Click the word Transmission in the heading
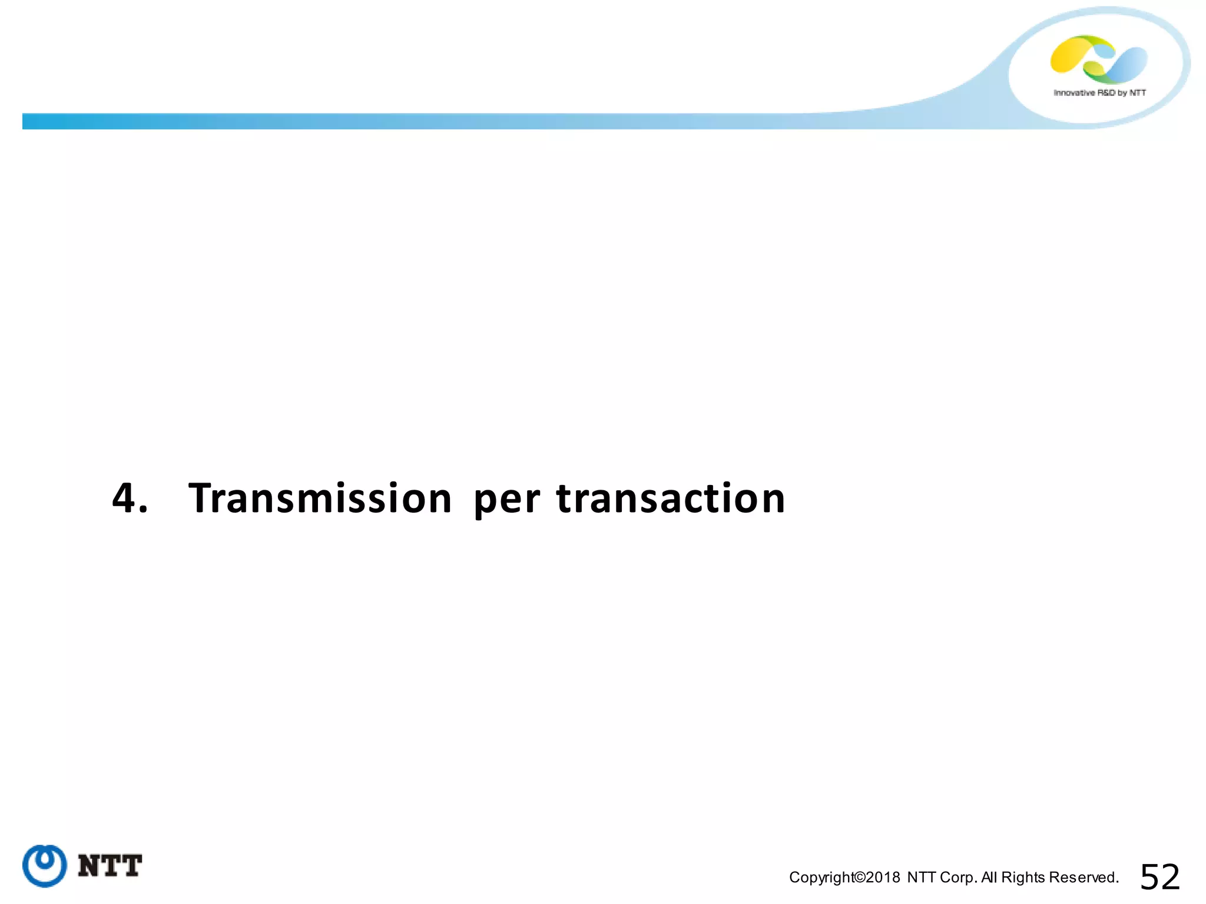[x=320, y=498]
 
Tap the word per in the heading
[x=506, y=500]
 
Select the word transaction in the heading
[x=671, y=498]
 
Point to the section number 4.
[x=130, y=498]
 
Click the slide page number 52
[x=1159, y=877]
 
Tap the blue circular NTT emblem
[x=44, y=866]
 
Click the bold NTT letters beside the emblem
[x=110, y=866]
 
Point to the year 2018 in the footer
[x=883, y=878]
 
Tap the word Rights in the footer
[x=1023, y=878]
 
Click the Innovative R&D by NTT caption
[x=1099, y=93]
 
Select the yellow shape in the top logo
[x=1071, y=55]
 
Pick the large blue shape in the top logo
[x=1126, y=64]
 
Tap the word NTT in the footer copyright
[x=922, y=878]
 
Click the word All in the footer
[x=989, y=878]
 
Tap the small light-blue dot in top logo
[x=1105, y=52]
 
